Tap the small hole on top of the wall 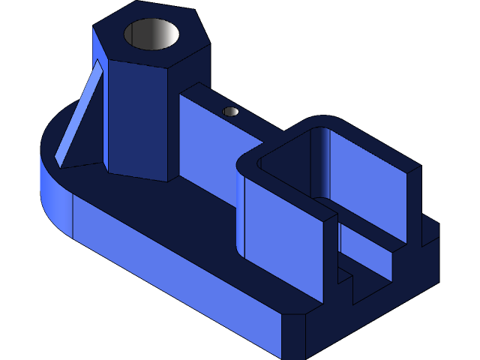pyautogui.click(x=231, y=112)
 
